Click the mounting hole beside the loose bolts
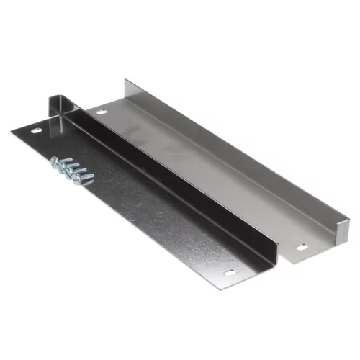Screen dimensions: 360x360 pyautogui.click(x=35, y=131)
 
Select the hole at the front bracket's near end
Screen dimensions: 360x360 pyautogui.click(x=229, y=273)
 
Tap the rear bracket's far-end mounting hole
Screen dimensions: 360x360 pyautogui.click(x=101, y=112)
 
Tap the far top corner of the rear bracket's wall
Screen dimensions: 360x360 pyautogui.click(x=126, y=80)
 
